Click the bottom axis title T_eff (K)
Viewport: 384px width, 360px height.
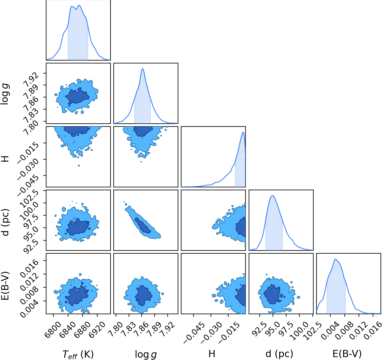coord(78,354)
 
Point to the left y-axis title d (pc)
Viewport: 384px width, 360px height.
coord(6,223)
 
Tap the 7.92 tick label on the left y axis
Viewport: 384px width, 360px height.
coord(31,80)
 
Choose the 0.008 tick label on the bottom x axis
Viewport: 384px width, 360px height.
coord(342,330)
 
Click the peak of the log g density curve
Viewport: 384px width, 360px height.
coord(143,69)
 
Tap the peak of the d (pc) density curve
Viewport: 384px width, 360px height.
coord(273,195)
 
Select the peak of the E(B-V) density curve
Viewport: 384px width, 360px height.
coord(335,259)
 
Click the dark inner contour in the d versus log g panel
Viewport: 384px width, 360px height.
coord(143,225)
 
